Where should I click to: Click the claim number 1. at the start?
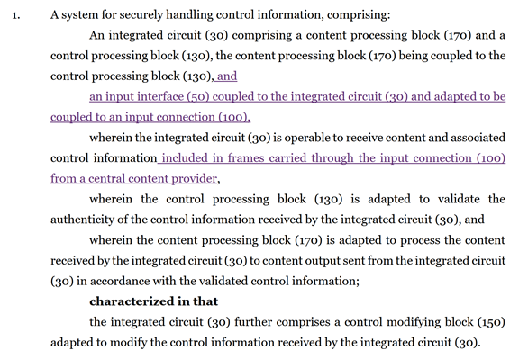[x=16, y=16]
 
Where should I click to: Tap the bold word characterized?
[x=132, y=301]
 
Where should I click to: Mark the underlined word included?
[x=185, y=158]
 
